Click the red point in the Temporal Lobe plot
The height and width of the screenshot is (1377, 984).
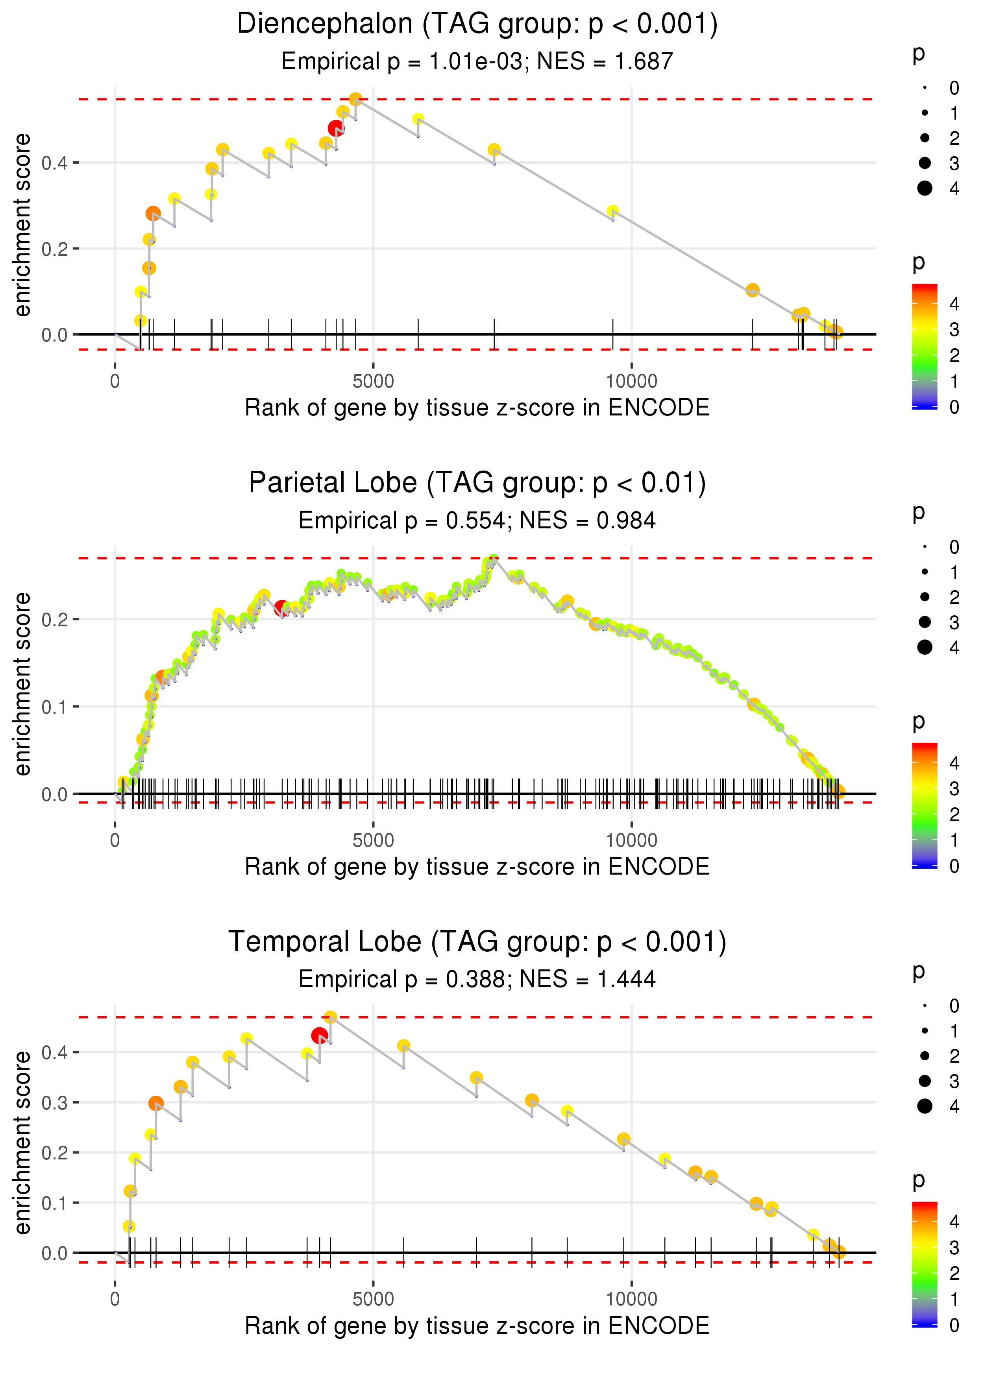(x=319, y=1036)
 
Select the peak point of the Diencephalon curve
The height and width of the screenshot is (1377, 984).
(x=356, y=99)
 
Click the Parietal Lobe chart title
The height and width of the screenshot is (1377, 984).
(x=477, y=483)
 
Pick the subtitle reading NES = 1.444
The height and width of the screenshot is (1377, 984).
(x=477, y=980)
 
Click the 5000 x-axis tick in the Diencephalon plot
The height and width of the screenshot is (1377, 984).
(x=373, y=382)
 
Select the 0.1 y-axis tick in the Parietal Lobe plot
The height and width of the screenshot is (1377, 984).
(x=55, y=707)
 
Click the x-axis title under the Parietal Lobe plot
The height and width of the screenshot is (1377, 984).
(x=477, y=867)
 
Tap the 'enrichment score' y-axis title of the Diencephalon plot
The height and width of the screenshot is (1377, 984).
(x=23, y=225)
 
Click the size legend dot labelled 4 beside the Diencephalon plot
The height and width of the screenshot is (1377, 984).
(x=925, y=188)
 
